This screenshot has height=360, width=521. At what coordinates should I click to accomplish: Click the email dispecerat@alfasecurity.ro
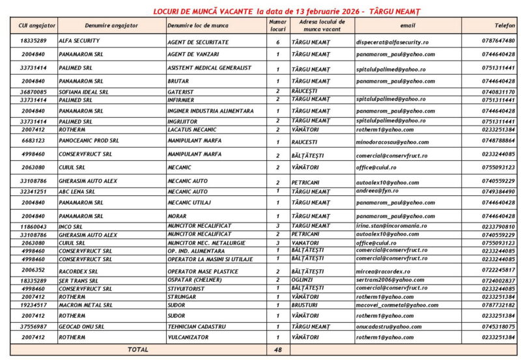pos(392,41)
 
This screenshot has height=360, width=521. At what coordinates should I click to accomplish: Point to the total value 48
pos(277,350)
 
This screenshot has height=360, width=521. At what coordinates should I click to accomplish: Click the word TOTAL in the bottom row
pos(137,350)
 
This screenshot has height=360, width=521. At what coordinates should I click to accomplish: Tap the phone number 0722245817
pos(499,270)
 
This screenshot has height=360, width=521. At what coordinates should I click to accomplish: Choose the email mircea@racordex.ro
pos(383,271)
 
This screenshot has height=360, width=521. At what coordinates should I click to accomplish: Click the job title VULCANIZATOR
pos(188,337)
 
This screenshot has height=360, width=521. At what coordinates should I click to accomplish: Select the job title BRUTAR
pos(178,81)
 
